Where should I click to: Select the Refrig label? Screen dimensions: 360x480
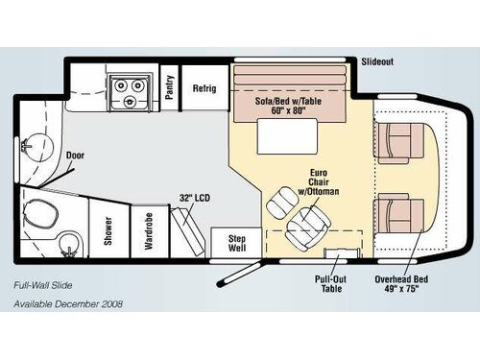(204, 88)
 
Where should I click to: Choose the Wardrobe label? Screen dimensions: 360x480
(150, 230)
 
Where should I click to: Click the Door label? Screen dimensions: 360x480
(76, 155)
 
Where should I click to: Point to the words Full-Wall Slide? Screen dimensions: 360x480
(42, 285)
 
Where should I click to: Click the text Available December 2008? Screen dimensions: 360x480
(67, 304)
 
